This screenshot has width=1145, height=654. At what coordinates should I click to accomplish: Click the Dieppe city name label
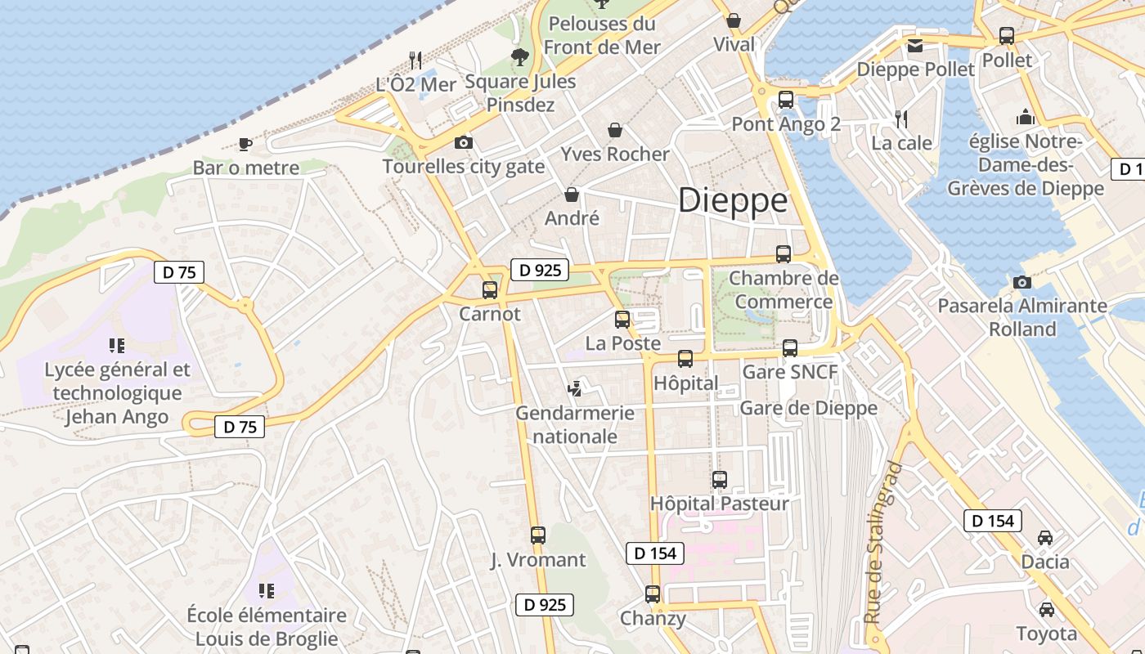(x=733, y=200)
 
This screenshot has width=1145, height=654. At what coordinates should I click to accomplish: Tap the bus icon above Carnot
(x=490, y=289)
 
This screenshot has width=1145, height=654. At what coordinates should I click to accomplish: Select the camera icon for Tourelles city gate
(x=464, y=143)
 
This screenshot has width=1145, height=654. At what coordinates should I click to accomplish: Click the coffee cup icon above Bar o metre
(x=245, y=145)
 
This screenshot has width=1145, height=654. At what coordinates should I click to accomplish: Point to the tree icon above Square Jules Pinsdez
(x=519, y=56)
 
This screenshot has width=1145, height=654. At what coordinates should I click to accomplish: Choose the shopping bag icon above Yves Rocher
(x=615, y=130)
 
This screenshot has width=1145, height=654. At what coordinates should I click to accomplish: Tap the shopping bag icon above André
(x=572, y=195)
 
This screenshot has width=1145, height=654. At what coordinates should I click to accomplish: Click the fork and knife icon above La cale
(x=901, y=119)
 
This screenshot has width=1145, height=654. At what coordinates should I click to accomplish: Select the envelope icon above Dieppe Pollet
(x=914, y=46)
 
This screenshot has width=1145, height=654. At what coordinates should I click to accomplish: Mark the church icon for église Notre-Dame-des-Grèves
(x=1026, y=117)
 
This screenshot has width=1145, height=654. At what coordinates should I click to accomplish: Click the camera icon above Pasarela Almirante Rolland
(x=1022, y=282)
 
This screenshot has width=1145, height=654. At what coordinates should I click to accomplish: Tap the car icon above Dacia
(x=1045, y=538)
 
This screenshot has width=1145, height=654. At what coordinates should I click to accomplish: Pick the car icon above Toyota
(x=1046, y=610)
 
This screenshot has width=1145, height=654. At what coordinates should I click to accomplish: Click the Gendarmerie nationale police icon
(x=576, y=388)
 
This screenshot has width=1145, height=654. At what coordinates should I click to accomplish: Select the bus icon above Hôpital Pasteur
(x=720, y=480)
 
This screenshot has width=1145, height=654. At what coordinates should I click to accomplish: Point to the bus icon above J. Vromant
(x=538, y=535)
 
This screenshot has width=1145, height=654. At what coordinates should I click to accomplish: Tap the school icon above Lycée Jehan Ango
(x=116, y=346)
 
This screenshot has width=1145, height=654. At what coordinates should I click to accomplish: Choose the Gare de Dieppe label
(x=808, y=408)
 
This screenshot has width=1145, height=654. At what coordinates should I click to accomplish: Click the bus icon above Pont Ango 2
(x=786, y=100)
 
